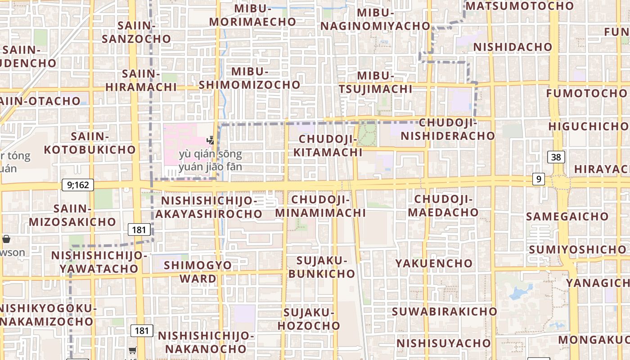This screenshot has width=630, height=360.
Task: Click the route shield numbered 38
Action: [556, 157]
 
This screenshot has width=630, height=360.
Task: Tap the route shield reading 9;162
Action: [78, 184]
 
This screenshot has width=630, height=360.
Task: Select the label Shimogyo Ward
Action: [198, 271]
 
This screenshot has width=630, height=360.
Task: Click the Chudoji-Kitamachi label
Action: [328, 145]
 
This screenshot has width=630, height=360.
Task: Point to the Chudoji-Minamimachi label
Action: [321, 206]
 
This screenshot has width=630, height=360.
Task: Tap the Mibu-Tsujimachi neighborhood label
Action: [376, 82]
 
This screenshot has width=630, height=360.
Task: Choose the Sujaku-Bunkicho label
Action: [322, 267]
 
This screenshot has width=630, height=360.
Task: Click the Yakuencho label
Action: [434, 263]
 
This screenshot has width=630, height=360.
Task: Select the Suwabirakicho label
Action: [445, 311]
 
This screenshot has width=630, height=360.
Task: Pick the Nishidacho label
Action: [513, 47]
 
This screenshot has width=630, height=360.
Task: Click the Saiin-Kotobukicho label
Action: [90, 143]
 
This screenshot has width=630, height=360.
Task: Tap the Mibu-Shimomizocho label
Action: [250, 78]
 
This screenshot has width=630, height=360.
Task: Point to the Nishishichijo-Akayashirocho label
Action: [209, 207]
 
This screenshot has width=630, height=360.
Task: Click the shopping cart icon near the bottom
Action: [132, 350]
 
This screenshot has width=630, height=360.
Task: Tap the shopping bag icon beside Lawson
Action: [6, 239]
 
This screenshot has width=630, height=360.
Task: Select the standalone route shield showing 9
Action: [538, 179]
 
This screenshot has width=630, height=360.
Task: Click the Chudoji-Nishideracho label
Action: [448, 129]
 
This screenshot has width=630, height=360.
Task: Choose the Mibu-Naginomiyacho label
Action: [376, 19]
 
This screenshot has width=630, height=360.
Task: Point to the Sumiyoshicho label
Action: [577, 249]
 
